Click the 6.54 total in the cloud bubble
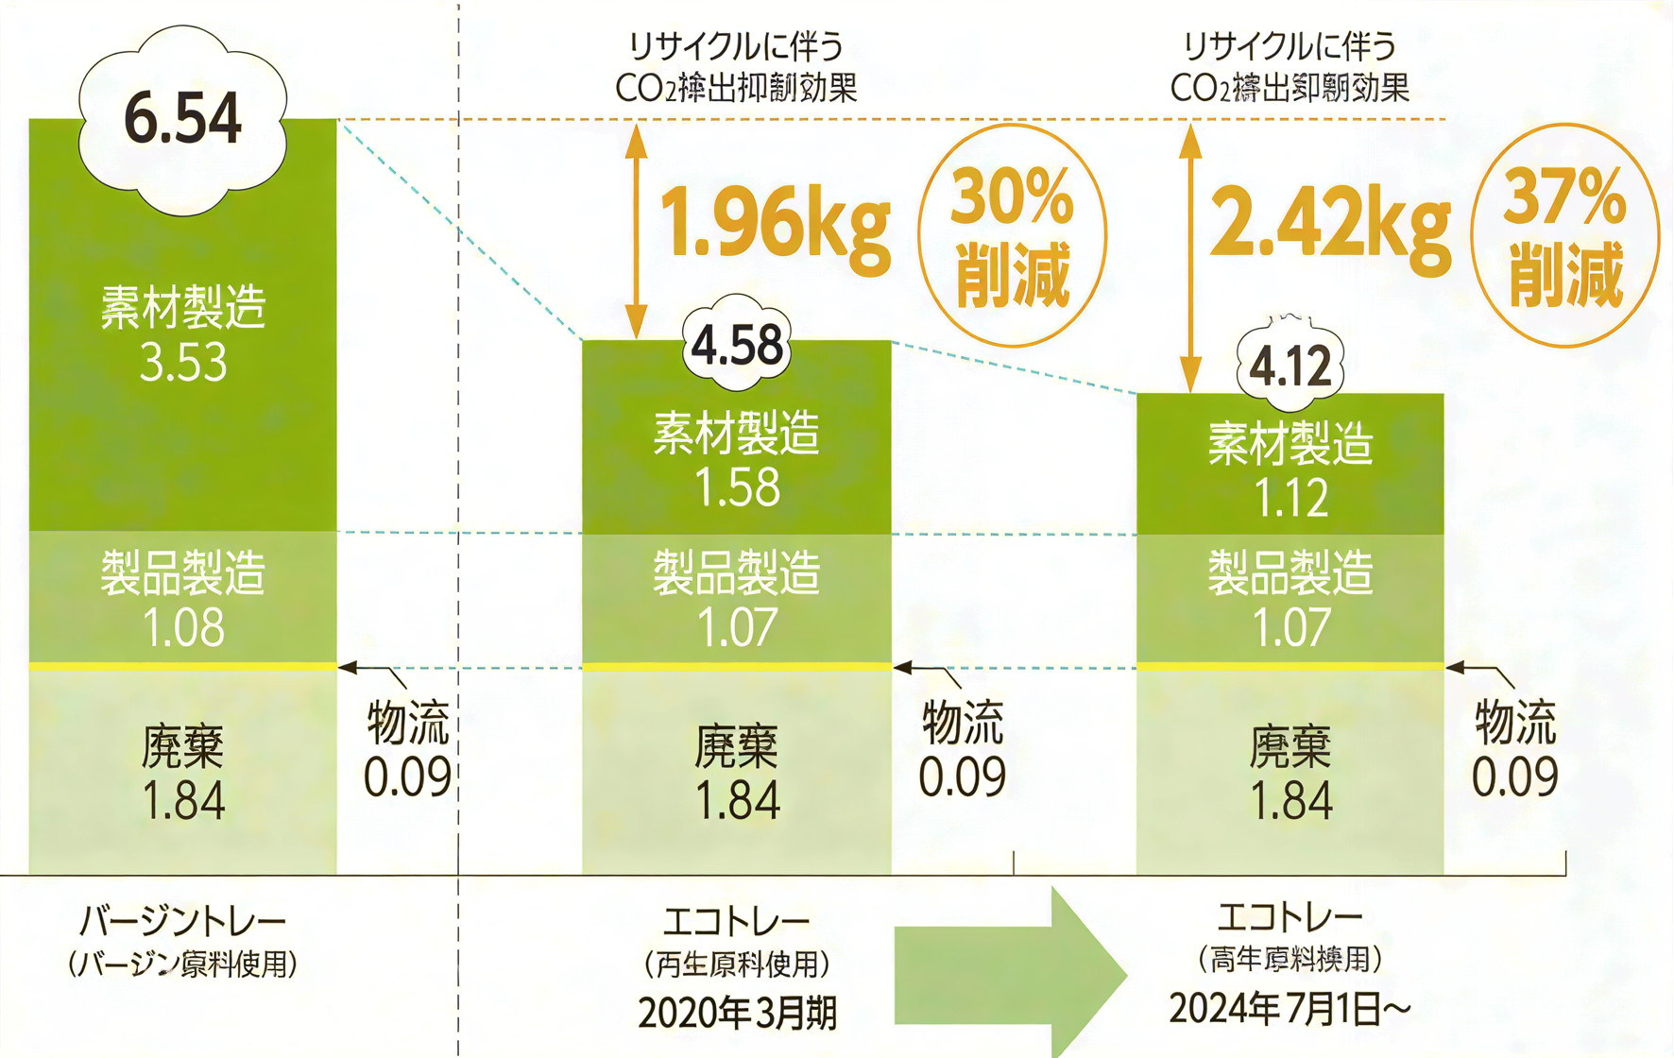tap(182, 120)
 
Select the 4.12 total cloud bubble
tap(1290, 366)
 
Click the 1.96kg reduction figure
tap(775, 224)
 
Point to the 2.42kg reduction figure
tap(1329, 224)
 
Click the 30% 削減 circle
tap(1013, 236)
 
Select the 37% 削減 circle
tap(1565, 236)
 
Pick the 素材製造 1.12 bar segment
tap(1290, 470)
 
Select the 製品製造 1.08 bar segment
tap(182, 599)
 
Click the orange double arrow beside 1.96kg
tap(637, 230)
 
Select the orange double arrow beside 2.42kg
tap(1190, 257)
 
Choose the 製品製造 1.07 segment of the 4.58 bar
tap(737, 599)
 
